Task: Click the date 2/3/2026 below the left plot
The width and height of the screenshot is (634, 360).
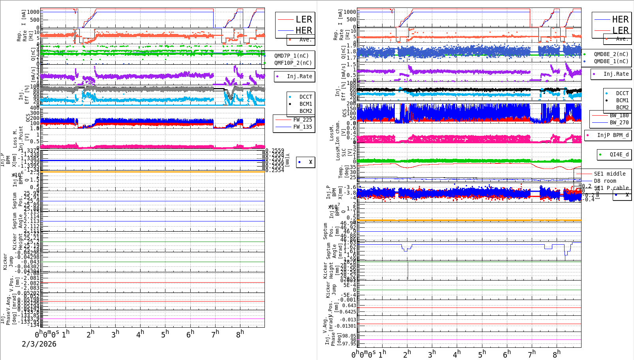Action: click(x=39, y=344)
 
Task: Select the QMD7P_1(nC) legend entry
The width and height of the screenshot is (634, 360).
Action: click(x=291, y=56)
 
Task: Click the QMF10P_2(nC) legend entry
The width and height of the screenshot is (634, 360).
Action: click(x=293, y=63)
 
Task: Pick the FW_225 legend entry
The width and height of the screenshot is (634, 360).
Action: click(x=302, y=120)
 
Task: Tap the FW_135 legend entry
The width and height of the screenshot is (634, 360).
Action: click(x=302, y=127)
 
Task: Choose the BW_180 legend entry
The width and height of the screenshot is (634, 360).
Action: click(x=619, y=115)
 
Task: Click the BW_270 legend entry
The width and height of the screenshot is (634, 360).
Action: click(x=619, y=122)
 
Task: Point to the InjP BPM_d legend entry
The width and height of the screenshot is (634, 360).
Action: click(x=613, y=135)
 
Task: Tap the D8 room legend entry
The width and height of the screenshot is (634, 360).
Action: click(x=605, y=181)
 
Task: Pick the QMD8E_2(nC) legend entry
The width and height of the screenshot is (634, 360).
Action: click(x=611, y=54)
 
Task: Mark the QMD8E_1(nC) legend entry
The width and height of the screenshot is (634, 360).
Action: click(x=611, y=61)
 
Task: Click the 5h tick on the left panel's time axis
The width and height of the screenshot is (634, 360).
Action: click(x=165, y=334)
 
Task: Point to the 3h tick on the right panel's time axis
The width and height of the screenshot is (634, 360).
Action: click(x=432, y=354)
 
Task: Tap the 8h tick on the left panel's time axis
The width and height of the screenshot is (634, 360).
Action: click(x=240, y=334)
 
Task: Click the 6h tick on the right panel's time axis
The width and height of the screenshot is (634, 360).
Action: click(x=507, y=354)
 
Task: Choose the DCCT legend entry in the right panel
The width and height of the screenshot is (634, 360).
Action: click(x=622, y=93)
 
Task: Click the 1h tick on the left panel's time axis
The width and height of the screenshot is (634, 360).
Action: click(x=66, y=334)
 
